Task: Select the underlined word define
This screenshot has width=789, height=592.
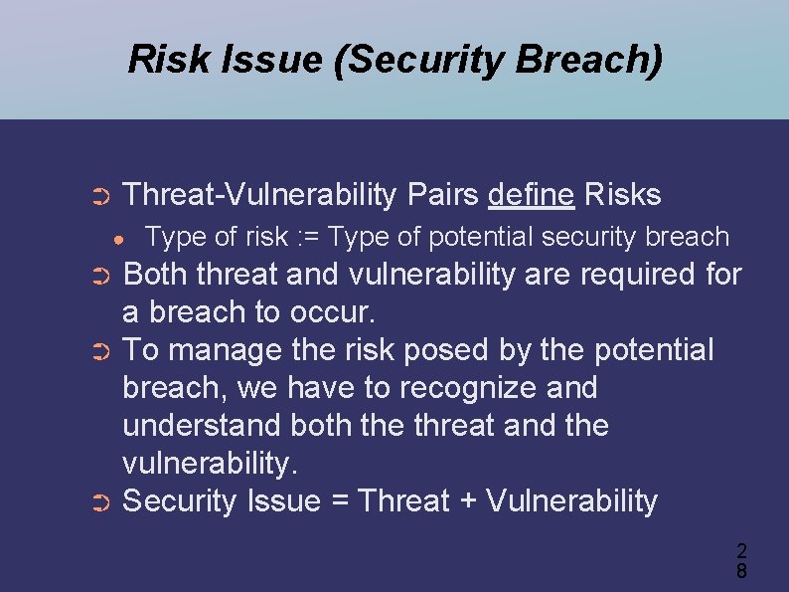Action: (x=531, y=194)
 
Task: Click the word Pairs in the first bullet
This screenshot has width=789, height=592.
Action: (x=442, y=194)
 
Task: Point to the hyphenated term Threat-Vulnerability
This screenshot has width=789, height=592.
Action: (x=259, y=194)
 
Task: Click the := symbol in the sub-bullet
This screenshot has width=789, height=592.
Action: (x=309, y=237)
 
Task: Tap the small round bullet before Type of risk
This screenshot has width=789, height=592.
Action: (x=117, y=239)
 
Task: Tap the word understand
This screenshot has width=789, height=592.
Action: (x=202, y=426)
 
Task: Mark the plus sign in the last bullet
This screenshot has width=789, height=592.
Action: (x=467, y=501)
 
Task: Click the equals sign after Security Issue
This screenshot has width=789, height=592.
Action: (x=339, y=501)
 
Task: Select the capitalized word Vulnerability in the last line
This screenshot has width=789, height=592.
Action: (x=571, y=501)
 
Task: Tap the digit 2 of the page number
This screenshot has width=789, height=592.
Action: (x=741, y=550)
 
